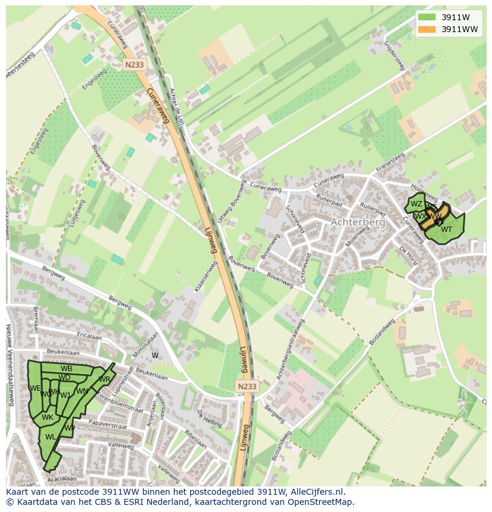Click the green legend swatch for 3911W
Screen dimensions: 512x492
pos(427,17)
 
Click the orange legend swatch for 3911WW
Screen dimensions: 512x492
pos(427,29)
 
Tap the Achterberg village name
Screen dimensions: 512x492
pos(358,222)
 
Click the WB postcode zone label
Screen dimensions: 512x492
pos(67,369)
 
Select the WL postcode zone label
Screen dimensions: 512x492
pos(51,437)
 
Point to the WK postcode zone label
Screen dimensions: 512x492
pos(48,417)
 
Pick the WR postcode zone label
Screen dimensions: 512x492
pos(105,379)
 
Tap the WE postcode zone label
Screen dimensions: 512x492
pos(34,388)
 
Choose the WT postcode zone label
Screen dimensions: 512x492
pos(447,230)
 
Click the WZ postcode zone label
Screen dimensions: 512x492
pos(417,204)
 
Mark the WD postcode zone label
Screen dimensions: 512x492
pos(65,378)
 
